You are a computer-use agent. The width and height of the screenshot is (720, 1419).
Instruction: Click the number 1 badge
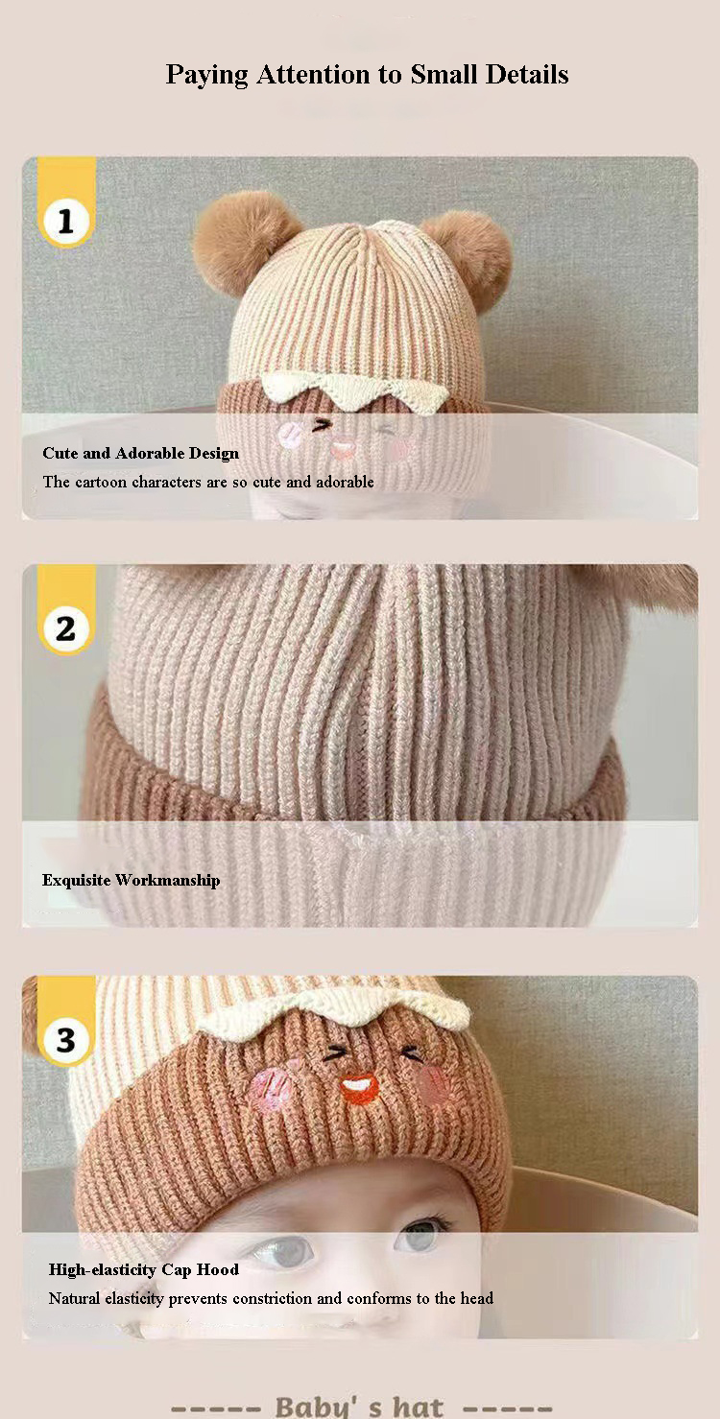click(x=66, y=222)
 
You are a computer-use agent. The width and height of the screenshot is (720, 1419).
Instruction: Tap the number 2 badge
click(x=66, y=629)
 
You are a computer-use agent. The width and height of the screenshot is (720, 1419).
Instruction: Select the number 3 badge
click(x=66, y=1040)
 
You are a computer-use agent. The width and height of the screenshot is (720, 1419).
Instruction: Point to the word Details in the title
click(x=527, y=74)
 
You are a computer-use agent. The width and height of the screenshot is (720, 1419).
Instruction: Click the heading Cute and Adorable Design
click(x=141, y=453)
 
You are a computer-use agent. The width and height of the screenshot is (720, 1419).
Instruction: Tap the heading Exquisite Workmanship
click(x=132, y=880)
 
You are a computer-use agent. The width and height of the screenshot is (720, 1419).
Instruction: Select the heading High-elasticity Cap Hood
click(x=144, y=1269)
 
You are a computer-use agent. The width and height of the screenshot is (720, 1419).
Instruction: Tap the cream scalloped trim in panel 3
click(x=334, y=1012)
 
